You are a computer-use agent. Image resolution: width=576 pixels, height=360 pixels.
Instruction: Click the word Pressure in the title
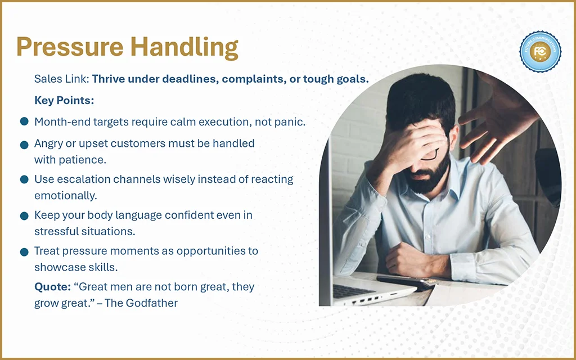70,47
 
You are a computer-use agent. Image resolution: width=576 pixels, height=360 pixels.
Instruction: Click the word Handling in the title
184,48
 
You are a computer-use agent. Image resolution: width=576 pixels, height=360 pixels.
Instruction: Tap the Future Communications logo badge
540,52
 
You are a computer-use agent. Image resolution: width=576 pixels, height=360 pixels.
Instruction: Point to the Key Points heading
64,101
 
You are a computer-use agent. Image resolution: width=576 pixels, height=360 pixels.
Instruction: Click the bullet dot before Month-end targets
24,121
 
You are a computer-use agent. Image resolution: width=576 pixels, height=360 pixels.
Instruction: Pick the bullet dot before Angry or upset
24,145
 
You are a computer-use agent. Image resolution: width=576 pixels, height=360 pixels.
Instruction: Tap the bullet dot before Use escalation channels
24,179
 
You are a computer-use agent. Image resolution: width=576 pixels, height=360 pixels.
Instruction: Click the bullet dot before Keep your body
24,215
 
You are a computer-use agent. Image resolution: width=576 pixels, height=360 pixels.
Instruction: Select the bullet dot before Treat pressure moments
24,252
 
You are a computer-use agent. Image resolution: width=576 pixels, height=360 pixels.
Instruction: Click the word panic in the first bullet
290,122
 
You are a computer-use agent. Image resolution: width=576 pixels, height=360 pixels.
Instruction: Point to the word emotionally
66,196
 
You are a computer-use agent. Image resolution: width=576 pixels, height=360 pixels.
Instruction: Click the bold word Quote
52,287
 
